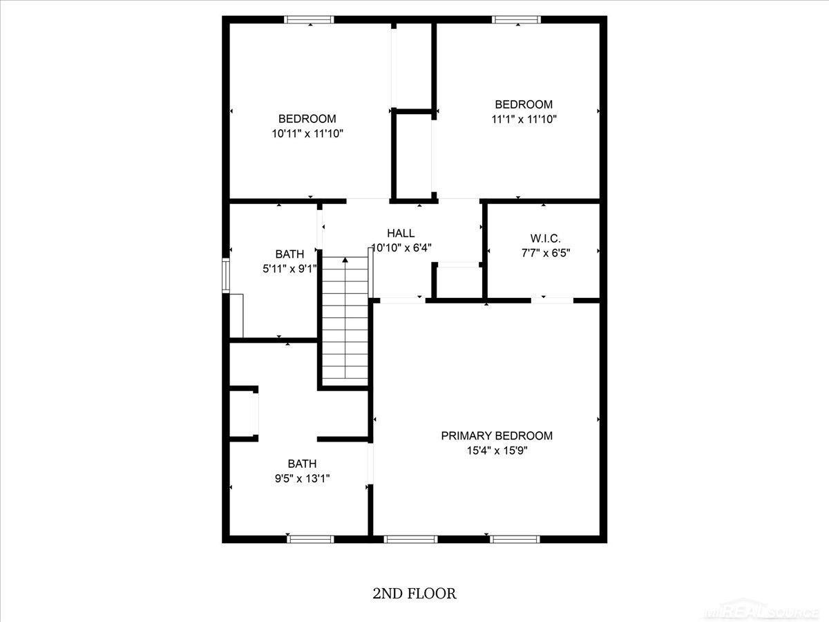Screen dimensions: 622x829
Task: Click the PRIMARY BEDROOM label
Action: pyautogui.click(x=497, y=435)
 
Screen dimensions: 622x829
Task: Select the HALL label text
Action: pyautogui.click(x=401, y=233)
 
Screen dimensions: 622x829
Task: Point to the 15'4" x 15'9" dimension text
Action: pyautogui.click(x=497, y=451)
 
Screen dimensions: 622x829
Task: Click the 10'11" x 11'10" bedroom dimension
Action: pyautogui.click(x=307, y=133)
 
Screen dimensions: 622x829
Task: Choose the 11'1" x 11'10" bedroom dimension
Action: pyautogui.click(x=524, y=119)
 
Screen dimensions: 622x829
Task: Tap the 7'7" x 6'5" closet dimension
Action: pyautogui.click(x=545, y=252)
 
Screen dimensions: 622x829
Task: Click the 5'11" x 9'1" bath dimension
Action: pyautogui.click(x=289, y=269)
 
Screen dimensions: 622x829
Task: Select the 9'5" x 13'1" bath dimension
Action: pyautogui.click(x=302, y=478)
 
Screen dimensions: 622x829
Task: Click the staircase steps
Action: pyautogui.click(x=345, y=325)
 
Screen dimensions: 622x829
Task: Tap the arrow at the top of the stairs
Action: pyautogui.click(x=345, y=261)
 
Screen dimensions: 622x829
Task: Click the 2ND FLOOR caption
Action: pyautogui.click(x=414, y=593)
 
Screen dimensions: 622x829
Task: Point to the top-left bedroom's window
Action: pyautogui.click(x=310, y=19)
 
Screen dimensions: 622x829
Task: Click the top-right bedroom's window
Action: pyautogui.click(x=515, y=19)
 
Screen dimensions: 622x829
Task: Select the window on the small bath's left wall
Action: pyautogui.click(x=225, y=274)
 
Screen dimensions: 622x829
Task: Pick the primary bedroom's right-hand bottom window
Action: pyautogui.click(x=515, y=539)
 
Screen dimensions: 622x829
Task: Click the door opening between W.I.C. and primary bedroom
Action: pyautogui.click(x=553, y=300)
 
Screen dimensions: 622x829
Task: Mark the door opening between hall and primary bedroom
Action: pyautogui.click(x=403, y=300)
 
